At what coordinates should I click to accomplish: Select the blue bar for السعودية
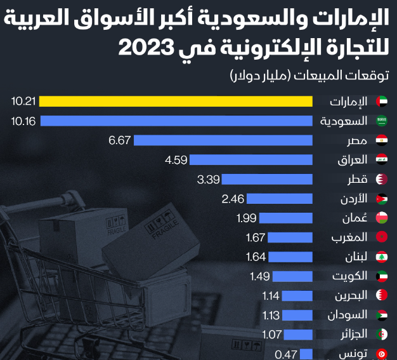click(x=177, y=121)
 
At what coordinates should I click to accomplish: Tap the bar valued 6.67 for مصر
click(x=223, y=140)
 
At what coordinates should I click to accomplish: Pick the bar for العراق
click(x=251, y=160)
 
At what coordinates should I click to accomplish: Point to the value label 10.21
click(x=26, y=102)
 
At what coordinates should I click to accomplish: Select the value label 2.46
click(x=233, y=199)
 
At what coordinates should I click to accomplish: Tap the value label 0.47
click(x=287, y=354)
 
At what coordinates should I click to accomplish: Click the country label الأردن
click(x=353, y=199)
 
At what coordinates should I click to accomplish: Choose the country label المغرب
click(x=351, y=238)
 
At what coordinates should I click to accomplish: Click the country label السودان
click(x=348, y=316)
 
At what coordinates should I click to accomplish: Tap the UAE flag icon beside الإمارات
click(x=382, y=102)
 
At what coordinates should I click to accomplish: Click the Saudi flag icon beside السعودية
click(x=382, y=121)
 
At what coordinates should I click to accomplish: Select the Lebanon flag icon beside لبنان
click(x=382, y=257)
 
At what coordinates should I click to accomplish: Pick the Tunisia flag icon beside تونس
click(x=382, y=354)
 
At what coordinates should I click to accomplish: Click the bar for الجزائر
click(x=298, y=335)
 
